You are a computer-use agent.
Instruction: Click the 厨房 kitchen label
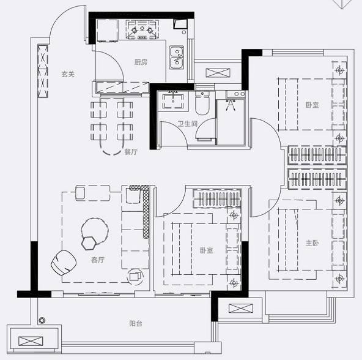pos(141,62)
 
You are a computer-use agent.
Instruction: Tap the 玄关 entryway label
pos(68,74)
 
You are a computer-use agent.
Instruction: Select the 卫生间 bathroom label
pos(188,124)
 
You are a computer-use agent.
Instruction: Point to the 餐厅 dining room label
pos(131,152)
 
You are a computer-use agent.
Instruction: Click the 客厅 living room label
pos(98,260)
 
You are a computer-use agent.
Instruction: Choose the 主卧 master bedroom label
pos(312,243)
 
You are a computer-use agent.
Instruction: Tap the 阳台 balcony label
pos(136,323)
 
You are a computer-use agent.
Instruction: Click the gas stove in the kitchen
pos(142,29)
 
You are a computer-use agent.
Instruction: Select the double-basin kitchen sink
pos(177,58)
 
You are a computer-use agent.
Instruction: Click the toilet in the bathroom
pos(202,103)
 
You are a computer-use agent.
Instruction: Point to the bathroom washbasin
pos(173,100)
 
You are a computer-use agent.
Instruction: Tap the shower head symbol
pos(230,105)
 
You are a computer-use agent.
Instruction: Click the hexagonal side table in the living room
pos(89,243)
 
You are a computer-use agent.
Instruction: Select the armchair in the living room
pos(64,263)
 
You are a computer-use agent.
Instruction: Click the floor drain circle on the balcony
pos(42,320)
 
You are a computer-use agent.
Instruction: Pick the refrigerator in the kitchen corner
pos(107,31)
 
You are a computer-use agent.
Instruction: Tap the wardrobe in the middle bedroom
pos(217,198)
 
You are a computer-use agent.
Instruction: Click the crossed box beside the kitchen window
pos(218,73)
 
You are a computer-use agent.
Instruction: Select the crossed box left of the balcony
pos(31,341)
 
